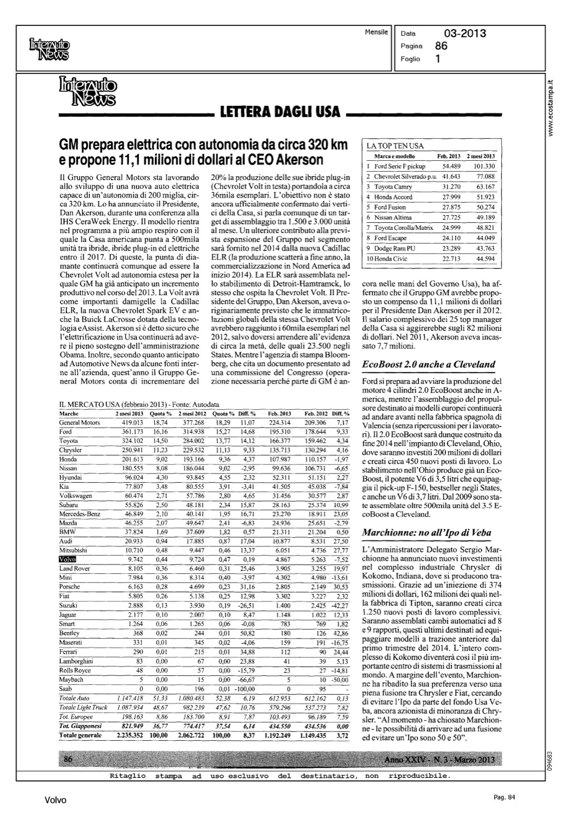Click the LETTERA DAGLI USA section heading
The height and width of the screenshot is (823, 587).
pos(279,114)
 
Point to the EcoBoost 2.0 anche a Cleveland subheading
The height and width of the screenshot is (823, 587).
pos(428,364)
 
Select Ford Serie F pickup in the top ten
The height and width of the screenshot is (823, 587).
pos(399,166)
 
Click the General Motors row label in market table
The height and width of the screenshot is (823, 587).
pos(79,422)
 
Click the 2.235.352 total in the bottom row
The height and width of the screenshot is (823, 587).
pos(130,734)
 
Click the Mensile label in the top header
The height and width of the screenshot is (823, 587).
pos(376,32)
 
